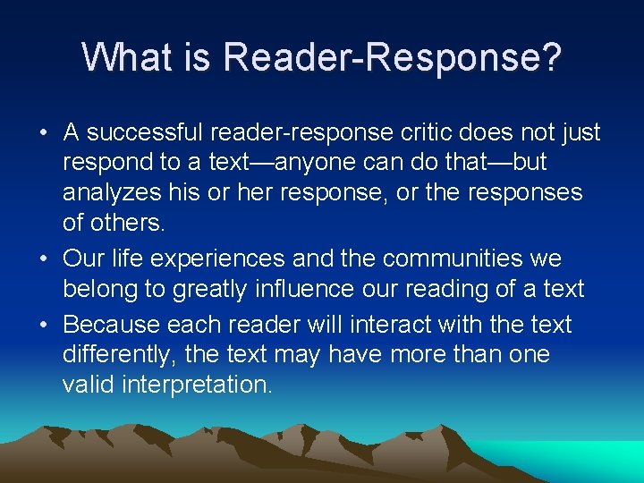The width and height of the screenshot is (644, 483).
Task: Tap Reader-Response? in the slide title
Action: point(393,57)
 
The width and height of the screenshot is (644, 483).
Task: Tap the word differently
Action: point(118,355)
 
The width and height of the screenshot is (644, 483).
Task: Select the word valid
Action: point(87,385)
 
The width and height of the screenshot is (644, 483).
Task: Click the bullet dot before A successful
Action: point(44,134)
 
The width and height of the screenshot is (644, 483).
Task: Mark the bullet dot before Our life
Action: point(44,259)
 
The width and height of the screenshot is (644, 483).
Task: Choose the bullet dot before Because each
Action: point(44,325)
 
